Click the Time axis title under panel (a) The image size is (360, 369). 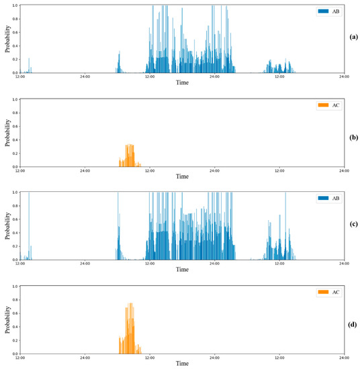point(182,83)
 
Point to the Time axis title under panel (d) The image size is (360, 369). point(182,363)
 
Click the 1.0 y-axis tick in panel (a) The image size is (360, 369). point(15,5)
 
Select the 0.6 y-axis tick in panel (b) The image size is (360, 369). point(15,126)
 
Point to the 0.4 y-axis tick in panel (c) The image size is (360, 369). point(15,233)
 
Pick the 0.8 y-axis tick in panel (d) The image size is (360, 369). point(15,300)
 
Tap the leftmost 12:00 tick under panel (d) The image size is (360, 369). point(20,357)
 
